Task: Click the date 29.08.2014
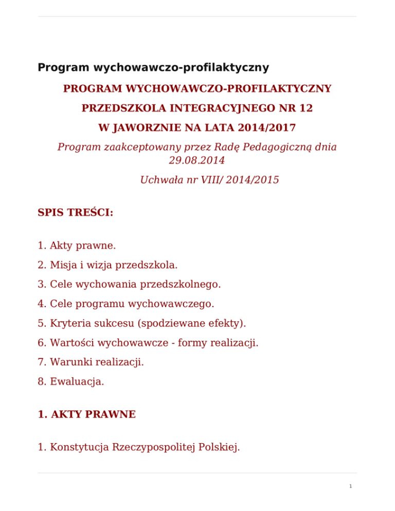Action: (x=197, y=160)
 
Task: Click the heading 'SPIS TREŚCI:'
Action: (x=75, y=212)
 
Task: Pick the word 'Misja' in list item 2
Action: (x=63, y=265)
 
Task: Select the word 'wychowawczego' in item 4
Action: (x=168, y=304)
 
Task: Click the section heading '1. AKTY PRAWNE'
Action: (x=86, y=414)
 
